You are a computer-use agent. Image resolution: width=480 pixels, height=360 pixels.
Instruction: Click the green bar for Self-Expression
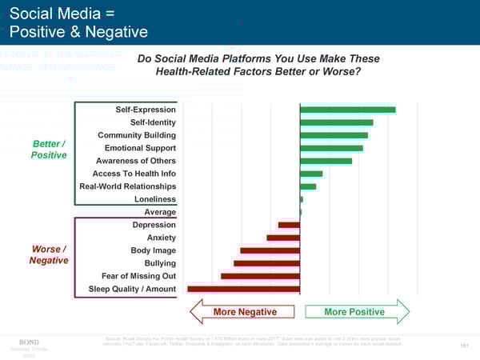pyautogui.click(x=347, y=110)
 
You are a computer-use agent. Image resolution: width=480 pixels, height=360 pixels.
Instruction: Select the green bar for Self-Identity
pyautogui.click(x=336, y=122)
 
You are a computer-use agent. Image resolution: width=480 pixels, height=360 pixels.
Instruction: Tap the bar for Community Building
pyautogui.click(x=334, y=135)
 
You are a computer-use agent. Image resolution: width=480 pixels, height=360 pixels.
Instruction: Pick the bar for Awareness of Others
pyautogui.click(x=326, y=161)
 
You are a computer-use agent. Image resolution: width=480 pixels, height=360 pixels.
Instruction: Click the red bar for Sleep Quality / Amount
pyautogui.click(x=243, y=289)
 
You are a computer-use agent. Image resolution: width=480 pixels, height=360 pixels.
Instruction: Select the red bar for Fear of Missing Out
pyautogui.click(x=260, y=276)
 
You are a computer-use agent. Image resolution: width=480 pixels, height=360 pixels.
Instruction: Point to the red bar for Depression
pyautogui.click(x=289, y=225)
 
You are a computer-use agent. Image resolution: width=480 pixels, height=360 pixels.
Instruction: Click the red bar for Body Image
pyautogui.click(x=270, y=250)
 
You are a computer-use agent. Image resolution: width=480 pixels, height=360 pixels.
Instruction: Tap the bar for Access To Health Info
pyautogui.click(x=311, y=174)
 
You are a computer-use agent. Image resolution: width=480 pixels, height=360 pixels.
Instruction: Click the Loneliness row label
pyautogui.click(x=155, y=199)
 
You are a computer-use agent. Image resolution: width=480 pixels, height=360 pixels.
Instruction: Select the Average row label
pyautogui.click(x=160, y=212)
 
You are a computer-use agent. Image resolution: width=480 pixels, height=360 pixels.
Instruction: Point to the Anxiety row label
pyautogui.click(x=162, y=238)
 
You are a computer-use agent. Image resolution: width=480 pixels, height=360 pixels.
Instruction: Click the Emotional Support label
pyautogui.click(x=140, y=148)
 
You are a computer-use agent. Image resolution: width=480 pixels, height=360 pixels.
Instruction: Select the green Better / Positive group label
pyautogui.click(x=49, y=149)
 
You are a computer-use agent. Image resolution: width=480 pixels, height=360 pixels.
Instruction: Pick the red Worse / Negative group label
pyautogui.click(x=49, y=254)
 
